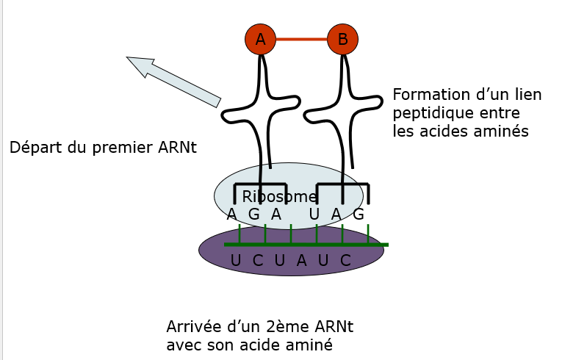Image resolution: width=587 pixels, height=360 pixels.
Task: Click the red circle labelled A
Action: point(260,40)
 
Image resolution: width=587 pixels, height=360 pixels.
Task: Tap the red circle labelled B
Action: point(342,40)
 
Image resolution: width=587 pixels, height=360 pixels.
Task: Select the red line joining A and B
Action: point(301,40)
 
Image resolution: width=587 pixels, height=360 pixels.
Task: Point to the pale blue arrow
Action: point(173,79)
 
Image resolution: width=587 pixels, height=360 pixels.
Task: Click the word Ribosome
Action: point(280,197)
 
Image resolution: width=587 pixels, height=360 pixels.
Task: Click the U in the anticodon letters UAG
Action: point(314,215)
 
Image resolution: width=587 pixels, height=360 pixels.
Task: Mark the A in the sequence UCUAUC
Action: point(301,260)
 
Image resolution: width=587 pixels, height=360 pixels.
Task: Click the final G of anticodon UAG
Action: point(359,215)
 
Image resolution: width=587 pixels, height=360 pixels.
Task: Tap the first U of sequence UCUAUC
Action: point(235,260)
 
